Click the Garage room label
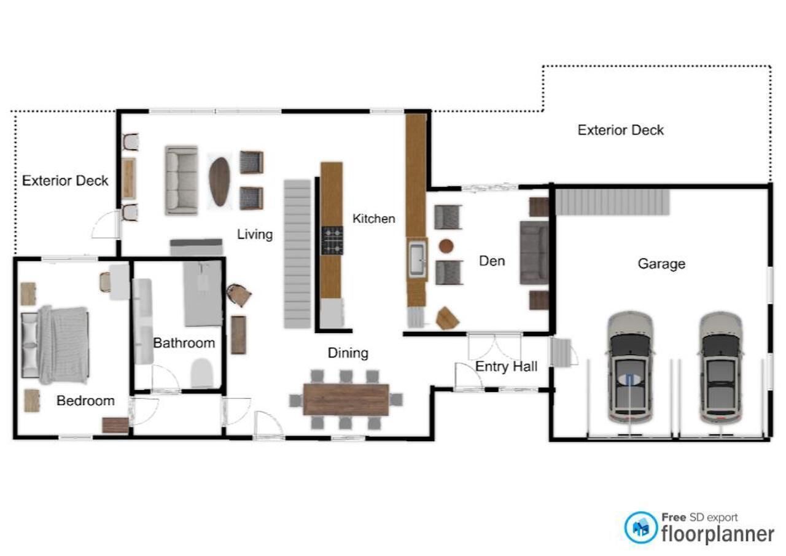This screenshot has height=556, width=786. (x=661, y=264)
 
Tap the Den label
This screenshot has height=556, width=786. (x=492, y=261)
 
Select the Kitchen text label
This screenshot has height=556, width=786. (x=374, y=218)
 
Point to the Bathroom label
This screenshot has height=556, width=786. (x=184, y=343)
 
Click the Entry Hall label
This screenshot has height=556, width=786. (x=506, y=366)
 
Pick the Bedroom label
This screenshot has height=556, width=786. (x=85, y=401)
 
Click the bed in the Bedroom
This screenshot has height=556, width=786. (x=55, y=345)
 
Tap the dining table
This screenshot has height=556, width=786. (x=346, y=399)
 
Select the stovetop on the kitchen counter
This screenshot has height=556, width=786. (x=332, y=240)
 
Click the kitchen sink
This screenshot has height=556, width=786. (x=417, y=259)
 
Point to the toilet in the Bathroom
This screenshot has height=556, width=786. (x=202, y=373)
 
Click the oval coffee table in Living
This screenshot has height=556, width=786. (x=220, y=181)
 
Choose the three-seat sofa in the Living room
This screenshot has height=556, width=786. (x=181, y=180)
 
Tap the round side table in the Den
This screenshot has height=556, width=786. (x=446, y=246)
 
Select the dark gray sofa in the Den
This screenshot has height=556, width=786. (x=534, y=252)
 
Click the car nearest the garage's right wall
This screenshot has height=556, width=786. (x=721, y=367)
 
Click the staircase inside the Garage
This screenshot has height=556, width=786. (x=613, y=202)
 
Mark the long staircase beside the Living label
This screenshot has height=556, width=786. (x=297, y=254)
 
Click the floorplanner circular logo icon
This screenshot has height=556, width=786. (x=640, y=528)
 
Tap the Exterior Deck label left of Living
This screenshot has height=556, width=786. (x=65, y=181)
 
